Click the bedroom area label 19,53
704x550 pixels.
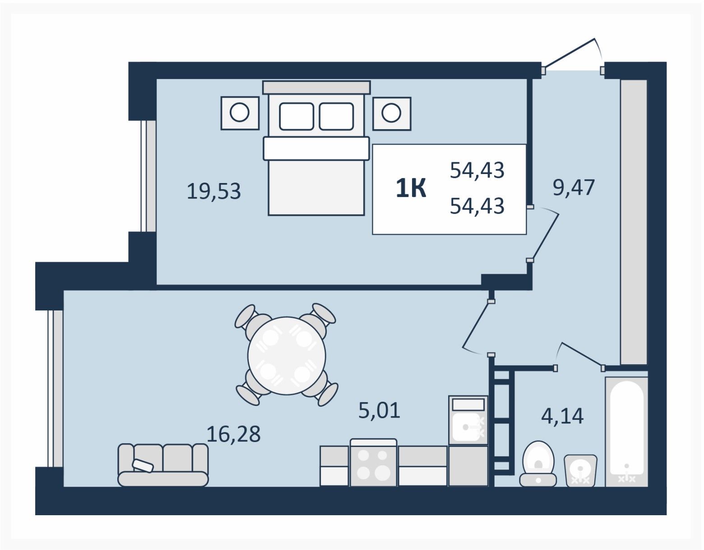pyautogui.click(x=214, y=191)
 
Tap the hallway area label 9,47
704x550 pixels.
pyautogui.click(x=574, y=188)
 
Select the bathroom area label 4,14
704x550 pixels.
pyautogui.click(x=562, y=416)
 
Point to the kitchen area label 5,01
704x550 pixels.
pyautogui.click(x=380, y=410)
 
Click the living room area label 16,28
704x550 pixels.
pyautogui.click(x=234, y=434)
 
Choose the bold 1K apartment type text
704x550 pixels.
pyautogui.click(x=411, y=188)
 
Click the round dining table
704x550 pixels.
pyautogui.click(x=287, y=355)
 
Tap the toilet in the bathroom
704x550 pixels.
pyautogui.click(x=538, y=464)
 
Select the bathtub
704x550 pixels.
pyautogui.click(x=626, y=432)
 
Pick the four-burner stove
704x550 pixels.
pyautogui.click(x=374, y=463)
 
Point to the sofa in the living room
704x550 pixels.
pyautogui.click(x=163, y=465)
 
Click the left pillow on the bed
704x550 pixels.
pyautogui.click(x=296, y=117)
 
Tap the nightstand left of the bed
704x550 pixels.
pyautogui.click(x=240, y=113)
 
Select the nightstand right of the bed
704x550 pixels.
pyautogui.click(x=392, y=113)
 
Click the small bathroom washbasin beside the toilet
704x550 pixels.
pyautogui.click(x=580, y=470)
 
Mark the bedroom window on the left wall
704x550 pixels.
pyautogui.click(x=148, y=176)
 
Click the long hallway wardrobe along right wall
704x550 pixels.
pyautogui.click(x=634, y=222)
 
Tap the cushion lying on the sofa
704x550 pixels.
pyautogui.click(x=143, y=465)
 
